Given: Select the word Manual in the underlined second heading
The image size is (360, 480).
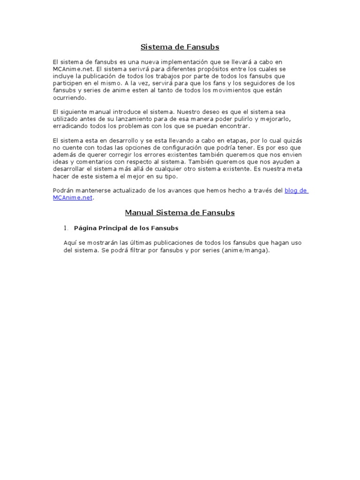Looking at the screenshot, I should pos(139,213).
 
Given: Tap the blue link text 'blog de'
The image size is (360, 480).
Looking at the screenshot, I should pos(296,190).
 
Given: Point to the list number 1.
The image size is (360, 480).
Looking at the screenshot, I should pos(66,228).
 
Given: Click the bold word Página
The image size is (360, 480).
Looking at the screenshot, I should pos(85,228).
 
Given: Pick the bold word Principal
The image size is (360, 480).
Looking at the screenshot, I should pos(113,228).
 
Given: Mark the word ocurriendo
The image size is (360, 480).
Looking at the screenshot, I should pos(70,98).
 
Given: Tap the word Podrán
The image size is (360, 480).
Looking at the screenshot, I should pos(63,190).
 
